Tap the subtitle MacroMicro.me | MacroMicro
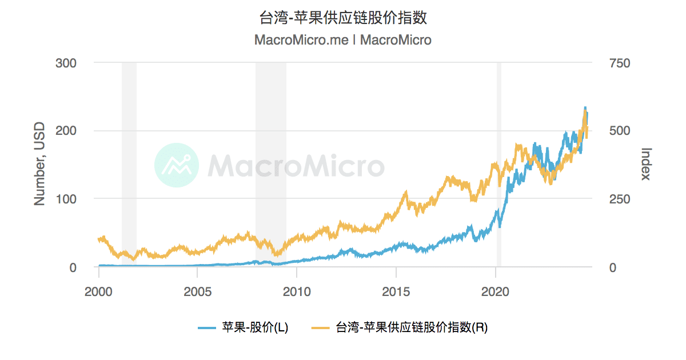342,40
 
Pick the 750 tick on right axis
620,63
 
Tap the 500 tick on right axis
620,131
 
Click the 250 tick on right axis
620,199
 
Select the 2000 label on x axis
99,291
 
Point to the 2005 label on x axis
198,291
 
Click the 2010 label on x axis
297,291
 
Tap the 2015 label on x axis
396,291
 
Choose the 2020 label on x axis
495,291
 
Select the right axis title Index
646,164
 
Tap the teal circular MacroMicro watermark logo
177,165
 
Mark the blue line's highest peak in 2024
585,107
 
